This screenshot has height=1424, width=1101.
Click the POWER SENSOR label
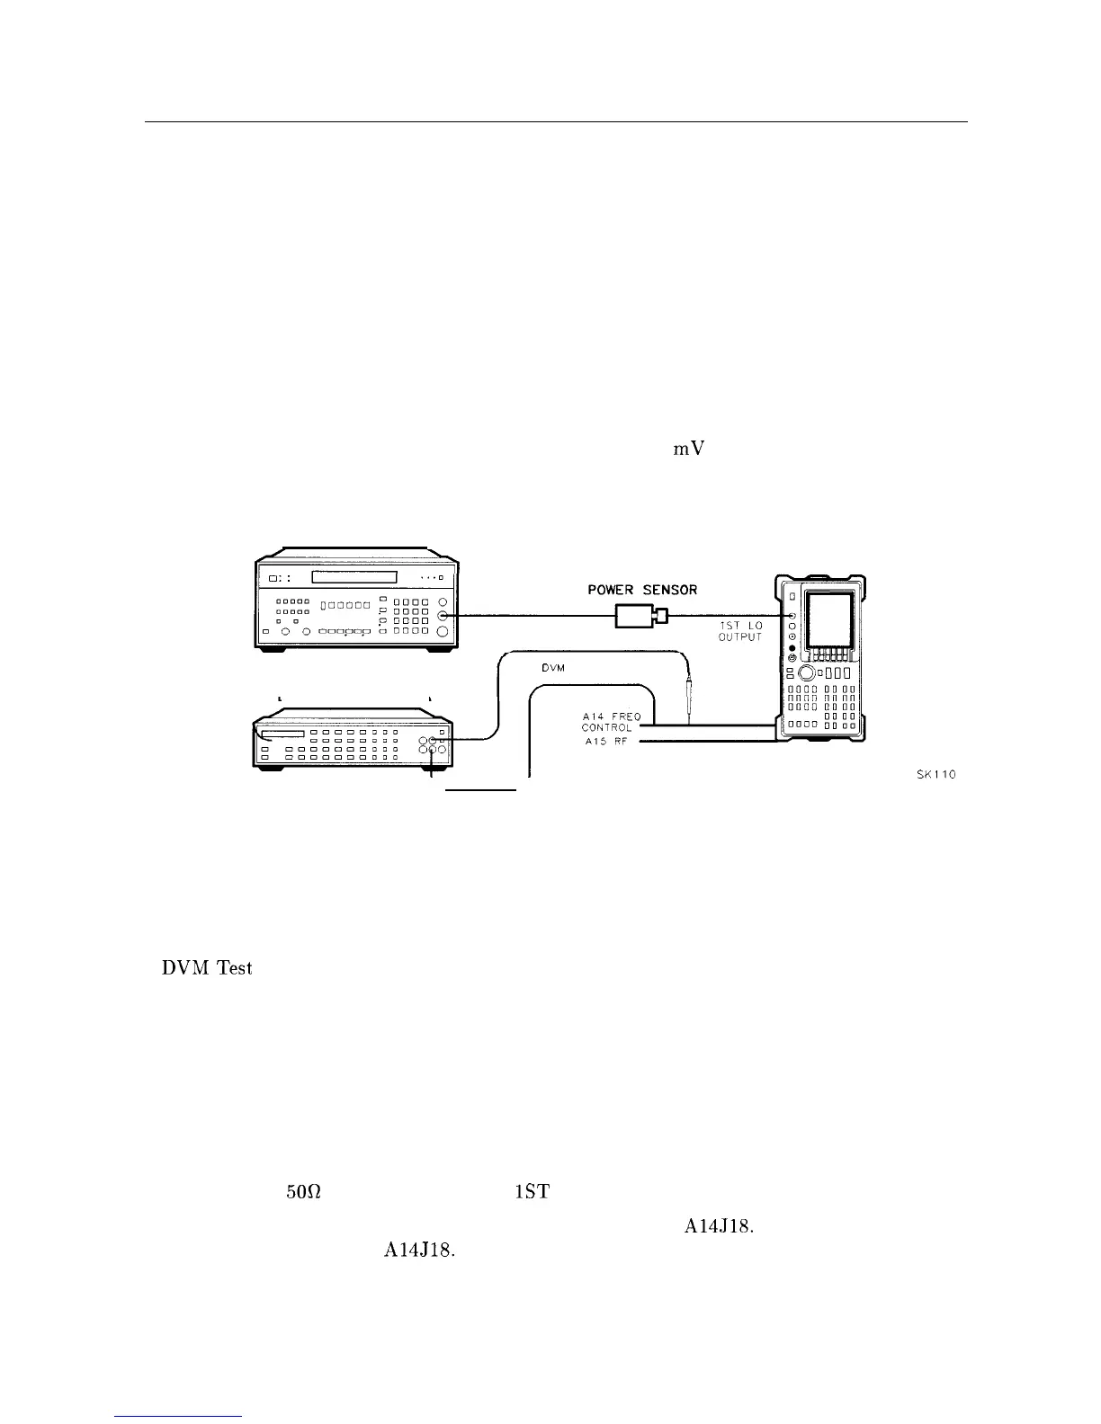pyautogui.click(x=641, y=590)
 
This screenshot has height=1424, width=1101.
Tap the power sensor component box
pyautogui.click(x=634, y=616)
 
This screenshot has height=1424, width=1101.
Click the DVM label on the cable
pyautogui.click(x=552, y=668)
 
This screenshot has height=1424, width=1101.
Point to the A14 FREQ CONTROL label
pyautogui.click(x=611, y=722)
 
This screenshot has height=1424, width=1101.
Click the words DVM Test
pyautogui.click(x=207, y=968)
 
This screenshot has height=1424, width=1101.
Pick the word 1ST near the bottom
pyautogui.click(x=532, y=1193)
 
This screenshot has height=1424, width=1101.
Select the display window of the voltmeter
pyautogui.click(x=282, y=734)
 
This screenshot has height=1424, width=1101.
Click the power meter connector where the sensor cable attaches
pyautogui.click(x=442, y=616)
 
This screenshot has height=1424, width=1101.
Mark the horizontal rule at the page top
pyautogui.click(x=556, y=121)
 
